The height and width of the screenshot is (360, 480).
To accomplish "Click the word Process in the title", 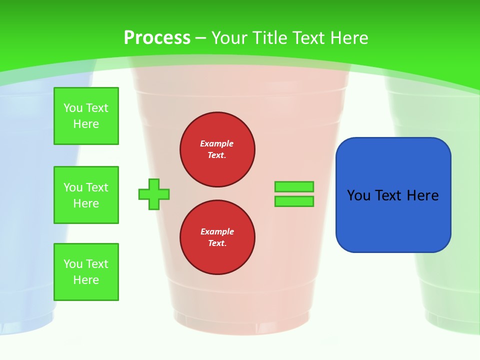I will pyautogui.click(x=157, y=38).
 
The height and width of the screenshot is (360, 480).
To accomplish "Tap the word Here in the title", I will pyautogui.click(x=348, y=38).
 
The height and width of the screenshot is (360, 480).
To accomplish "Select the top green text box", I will pyautogui.click(x=86, y=116).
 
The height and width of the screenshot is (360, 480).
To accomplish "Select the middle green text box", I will pyautogui.click(x=86, y=195).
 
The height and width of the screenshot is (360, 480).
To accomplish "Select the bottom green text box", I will pyautogui.click(x=86, y=272).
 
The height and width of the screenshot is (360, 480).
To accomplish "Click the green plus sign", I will pyautogui.click(x=154, y=194).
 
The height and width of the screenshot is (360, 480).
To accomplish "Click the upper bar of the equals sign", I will pyautogui.click(x=294, y=187).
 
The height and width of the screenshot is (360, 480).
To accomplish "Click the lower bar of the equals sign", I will pyautogui.click(x=294, y=201).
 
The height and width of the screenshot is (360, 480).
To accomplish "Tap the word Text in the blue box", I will pyautogui.click(x=389, y=195).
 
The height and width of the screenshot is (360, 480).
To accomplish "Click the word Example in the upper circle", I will pyautogui.click(x=217, y=143).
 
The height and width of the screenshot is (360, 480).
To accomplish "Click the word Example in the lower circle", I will pyautogui.click(x=217, y=231).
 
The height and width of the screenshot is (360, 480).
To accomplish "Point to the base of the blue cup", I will pyautogui.click(x=25, y=320).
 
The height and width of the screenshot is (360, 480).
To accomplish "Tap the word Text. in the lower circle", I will pyautogui.click(x=217, y=243).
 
